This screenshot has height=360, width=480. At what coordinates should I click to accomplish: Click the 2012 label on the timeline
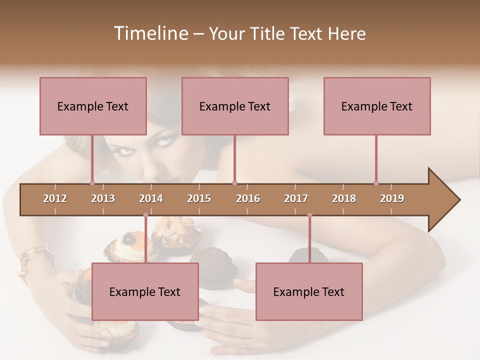pyautogui.click(x=55, y=198)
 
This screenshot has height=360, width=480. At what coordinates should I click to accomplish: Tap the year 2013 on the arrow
pyautogui.click(x=103, y=198)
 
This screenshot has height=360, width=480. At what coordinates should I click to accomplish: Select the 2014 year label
pyautogui.click(x=151, y=198)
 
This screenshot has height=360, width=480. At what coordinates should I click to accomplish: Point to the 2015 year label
pyautogui.click(x=199, y=198)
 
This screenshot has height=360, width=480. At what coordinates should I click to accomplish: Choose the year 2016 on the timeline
pyautogui.click(x=248, y=198)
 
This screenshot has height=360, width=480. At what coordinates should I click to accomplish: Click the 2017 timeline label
pyautogui.click(x=296, y=198)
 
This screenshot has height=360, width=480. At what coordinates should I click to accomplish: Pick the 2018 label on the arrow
pyautogui.click(x=344, y=198)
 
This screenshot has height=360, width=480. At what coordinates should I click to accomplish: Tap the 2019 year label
pyautogui.click(x=392, y=198)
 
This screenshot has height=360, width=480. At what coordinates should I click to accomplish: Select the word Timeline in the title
pyautogui.click(x=150, y=33)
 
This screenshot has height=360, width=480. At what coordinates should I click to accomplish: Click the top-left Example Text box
pyautogui.click(x=93, y=106)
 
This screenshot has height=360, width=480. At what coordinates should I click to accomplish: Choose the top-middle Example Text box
pyautogui.click(x=235, y=106)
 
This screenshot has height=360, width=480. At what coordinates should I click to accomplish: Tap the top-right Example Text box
pyautogui.click(x=377, y=106)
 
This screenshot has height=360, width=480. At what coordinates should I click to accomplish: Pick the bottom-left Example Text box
pyautogui.click(x=145, y=291)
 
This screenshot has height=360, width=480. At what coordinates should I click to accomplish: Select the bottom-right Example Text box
pyautogui.click(x=309, y=291)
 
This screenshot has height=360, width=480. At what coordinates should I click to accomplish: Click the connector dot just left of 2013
pyautogui.click(x=92, y=183)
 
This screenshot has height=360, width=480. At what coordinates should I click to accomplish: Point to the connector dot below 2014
pyautogui.click(x=145, y=215)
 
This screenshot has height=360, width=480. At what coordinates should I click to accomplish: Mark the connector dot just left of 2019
pyautogui.click(x=376, y=183)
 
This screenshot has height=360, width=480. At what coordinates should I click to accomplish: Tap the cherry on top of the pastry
pyautogui.click(x=129, y=238)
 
